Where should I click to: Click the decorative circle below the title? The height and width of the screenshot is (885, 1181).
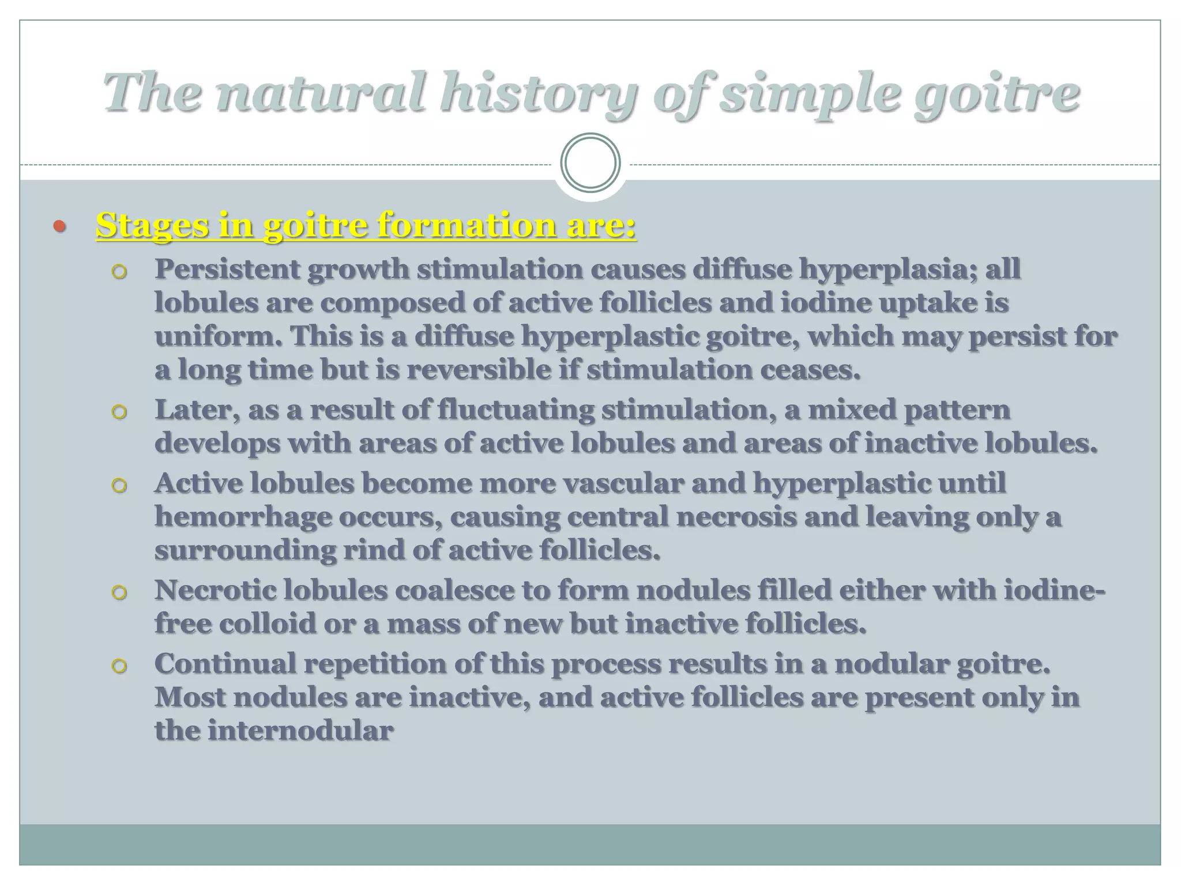(x=590, y=162)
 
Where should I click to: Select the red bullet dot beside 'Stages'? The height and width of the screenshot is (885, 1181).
(x=59, y=226)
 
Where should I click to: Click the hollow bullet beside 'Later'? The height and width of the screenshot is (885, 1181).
(x=119, y=412)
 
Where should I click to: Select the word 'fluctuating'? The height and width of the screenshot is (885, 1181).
(x=516, y=410)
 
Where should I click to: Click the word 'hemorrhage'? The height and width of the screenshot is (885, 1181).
(x=243, y=516)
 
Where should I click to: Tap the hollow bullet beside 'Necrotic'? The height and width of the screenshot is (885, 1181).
(x=119, y=592)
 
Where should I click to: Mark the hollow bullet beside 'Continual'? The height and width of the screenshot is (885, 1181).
(x=119, y=666)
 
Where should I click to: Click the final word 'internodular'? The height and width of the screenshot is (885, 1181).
(x=300, y=731)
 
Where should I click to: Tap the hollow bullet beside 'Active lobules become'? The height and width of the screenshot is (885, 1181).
(x=119, y=485)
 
